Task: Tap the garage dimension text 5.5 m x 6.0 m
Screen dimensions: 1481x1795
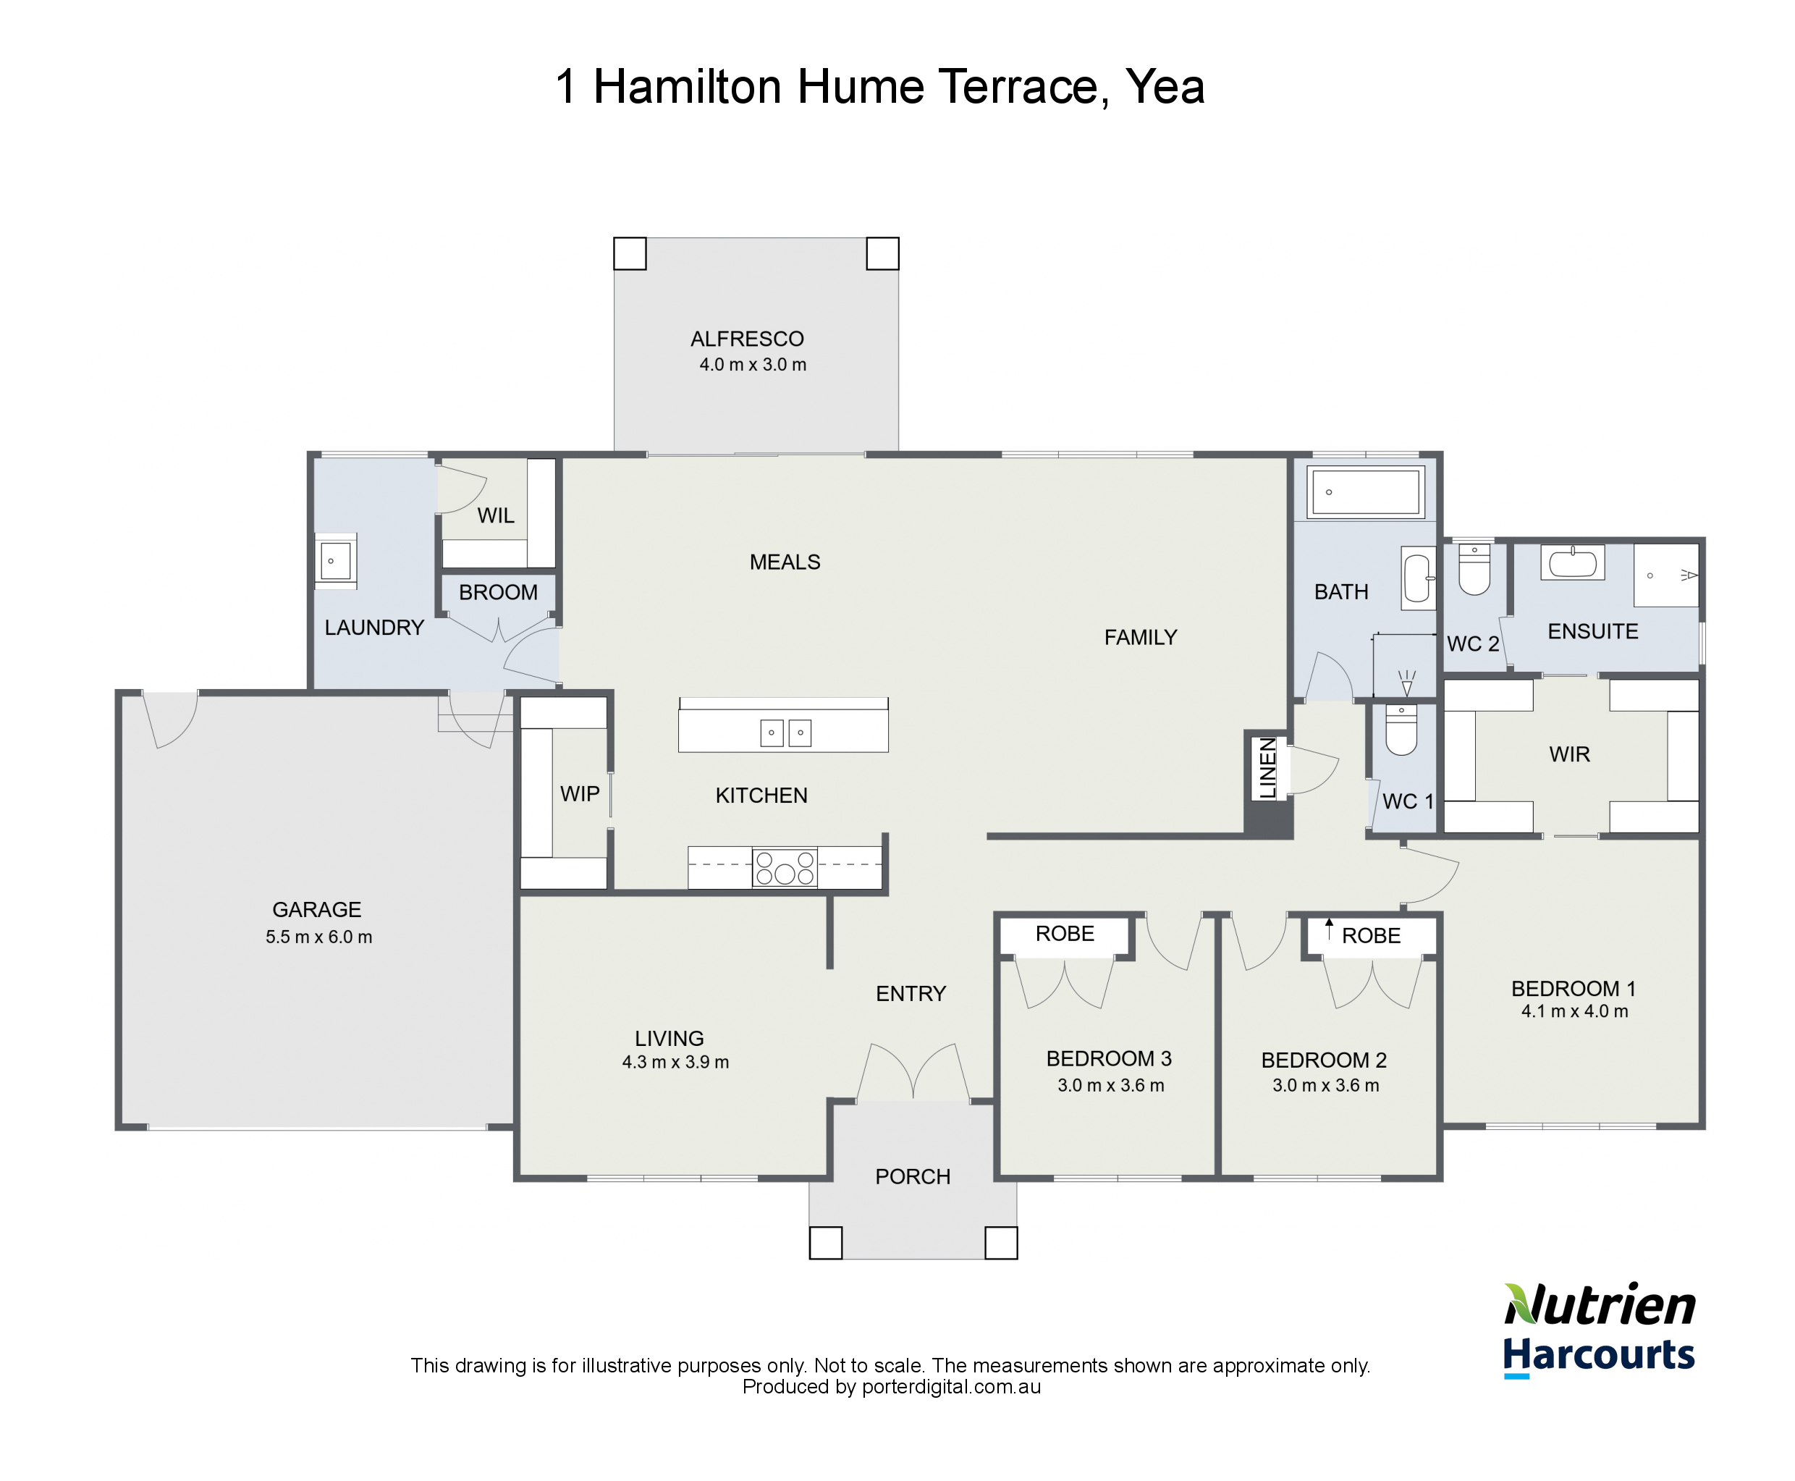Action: pos(318,937)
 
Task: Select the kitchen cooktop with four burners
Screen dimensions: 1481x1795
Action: pos(785,868)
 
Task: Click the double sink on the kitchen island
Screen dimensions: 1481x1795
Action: pos(785,733)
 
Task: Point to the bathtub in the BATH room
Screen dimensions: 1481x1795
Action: pos(1365,492)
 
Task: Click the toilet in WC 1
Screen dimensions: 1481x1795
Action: pos(1401,730)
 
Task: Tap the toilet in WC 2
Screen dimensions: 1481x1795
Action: pos(1474,570)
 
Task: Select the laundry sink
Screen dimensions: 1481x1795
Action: pos(335,560)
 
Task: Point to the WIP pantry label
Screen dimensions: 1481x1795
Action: pos(579,793)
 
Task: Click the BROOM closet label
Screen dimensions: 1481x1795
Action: pos(498,592)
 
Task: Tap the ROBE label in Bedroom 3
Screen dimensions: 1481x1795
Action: pos(1064,933)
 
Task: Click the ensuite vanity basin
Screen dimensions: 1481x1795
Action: pos(1571,563)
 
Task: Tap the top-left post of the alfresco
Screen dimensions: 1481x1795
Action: pos(630,253)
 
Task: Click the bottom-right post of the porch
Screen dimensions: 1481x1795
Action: pos(1001,1243)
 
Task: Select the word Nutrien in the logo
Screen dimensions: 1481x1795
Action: pos(1600,1306)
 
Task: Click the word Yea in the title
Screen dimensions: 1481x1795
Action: pos(1165,87)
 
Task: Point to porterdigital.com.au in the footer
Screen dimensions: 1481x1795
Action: pos(950,1387)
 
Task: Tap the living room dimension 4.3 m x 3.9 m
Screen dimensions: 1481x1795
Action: pos(675,1062)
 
